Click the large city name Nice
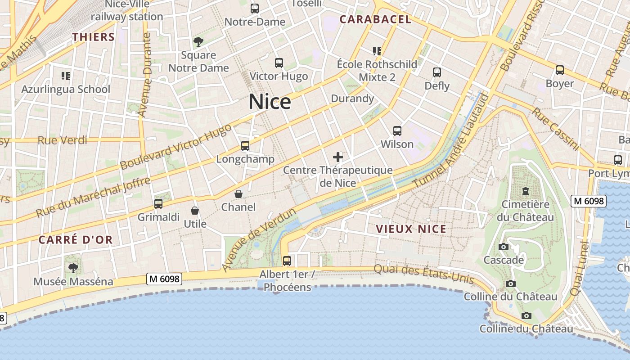(x=270, y=102)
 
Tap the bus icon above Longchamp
(x=245, y=145)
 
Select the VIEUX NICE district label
(x=411, y=229)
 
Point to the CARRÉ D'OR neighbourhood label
(x=75, y=240)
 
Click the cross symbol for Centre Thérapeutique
(x=337, y=157)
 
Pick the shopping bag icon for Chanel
(x=238, y=194)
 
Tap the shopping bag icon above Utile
(x=195, y=211)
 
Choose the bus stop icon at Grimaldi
(x=158, y=203)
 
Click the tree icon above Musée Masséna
(x=73, y=268)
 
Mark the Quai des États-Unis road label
(x=424, y=274)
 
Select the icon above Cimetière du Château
(x=525, y=191)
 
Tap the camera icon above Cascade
(x=503, y=247)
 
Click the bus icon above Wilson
(x=397, y=131)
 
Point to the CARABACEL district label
(x=375, y=19)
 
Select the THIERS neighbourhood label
(x=94, y=37)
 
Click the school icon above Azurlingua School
(x=66, y=76)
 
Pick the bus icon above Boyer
(x=559, y=70)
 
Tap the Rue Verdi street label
(x=62, y=140)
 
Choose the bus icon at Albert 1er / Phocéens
(x=287, y=261)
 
